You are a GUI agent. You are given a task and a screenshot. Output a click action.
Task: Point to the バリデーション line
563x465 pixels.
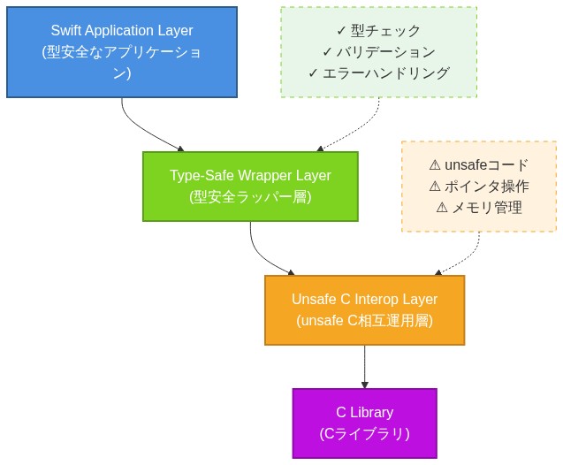click(x=385, y=52)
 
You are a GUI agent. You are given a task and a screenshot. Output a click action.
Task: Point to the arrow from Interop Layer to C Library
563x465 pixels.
click(x=364, y=367)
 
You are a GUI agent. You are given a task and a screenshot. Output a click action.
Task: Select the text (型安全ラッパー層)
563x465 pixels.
click(x=250, y=197)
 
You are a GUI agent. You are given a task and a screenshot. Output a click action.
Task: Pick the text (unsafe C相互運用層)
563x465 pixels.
click(x=364, y=321)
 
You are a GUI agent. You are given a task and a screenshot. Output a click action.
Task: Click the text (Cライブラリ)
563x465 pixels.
click(x=364, y=434)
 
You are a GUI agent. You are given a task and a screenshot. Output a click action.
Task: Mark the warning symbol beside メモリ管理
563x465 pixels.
click(x=443, y=208)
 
